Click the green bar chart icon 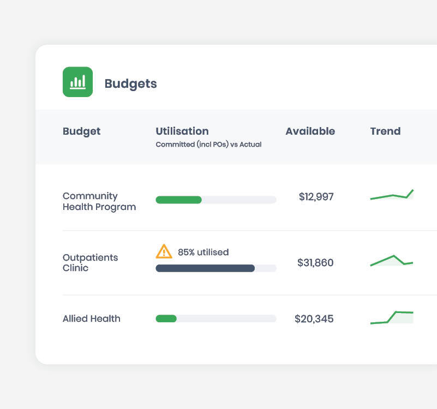point(77,82)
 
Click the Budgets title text point(130,83)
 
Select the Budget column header point(82,131)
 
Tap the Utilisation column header point(182,131)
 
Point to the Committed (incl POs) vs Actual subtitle point(208,145)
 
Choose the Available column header point(310,131)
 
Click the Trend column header point(385,131)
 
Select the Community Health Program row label point(99,201)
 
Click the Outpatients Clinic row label point(90,262)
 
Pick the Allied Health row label point(91,318)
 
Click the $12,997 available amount point(316,197)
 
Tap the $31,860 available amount point(315,263)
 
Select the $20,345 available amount point(314,319)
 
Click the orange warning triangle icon point(164,251)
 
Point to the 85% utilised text point(203,252)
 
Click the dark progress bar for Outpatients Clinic point(205,268)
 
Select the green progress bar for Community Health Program point(178,200)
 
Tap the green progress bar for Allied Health point(166,318)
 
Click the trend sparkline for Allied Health point(392,317)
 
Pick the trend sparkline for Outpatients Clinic point(392,261)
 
